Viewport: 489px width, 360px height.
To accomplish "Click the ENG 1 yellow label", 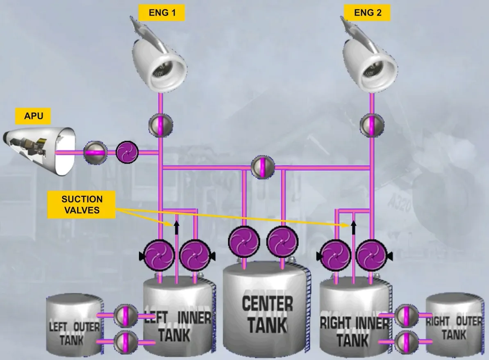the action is (x=162, y=13).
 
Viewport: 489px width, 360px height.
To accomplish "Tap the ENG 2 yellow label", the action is (x=367, y=13).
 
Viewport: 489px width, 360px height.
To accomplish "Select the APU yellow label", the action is (x=33, y=116).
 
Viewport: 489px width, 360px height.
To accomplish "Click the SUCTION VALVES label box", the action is (x=82, y=205).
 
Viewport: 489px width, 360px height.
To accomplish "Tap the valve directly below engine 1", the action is (x=161, y=125).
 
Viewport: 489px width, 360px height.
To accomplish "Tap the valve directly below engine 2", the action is (x=372, y=125).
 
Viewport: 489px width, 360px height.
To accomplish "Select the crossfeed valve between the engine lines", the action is (x=263, y=167).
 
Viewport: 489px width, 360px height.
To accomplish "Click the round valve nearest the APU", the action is (x=96, y=153).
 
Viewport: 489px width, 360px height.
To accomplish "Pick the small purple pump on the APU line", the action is (x=127, y=153).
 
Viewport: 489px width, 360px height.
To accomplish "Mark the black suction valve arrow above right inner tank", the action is (x=354, y=228).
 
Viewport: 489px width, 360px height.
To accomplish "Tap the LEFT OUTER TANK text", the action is (x=74, y=333).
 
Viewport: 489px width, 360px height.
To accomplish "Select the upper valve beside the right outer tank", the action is (x=406, y=316).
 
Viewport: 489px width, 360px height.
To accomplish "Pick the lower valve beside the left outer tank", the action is (x=125, y=342).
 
